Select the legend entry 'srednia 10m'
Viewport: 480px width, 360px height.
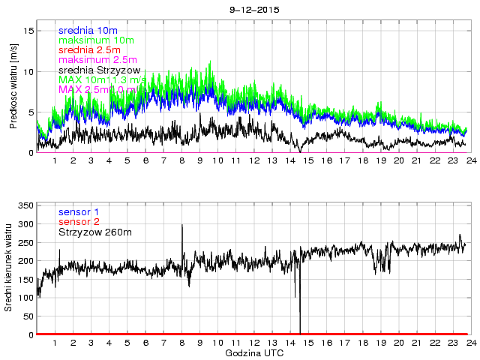pos(87,30)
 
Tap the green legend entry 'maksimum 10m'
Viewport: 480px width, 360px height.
pos(95,40)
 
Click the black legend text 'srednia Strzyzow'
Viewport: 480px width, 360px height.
pos(104,70)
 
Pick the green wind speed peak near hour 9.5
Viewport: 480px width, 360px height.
pos(210,61)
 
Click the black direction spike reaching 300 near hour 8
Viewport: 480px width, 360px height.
pos(182,224)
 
